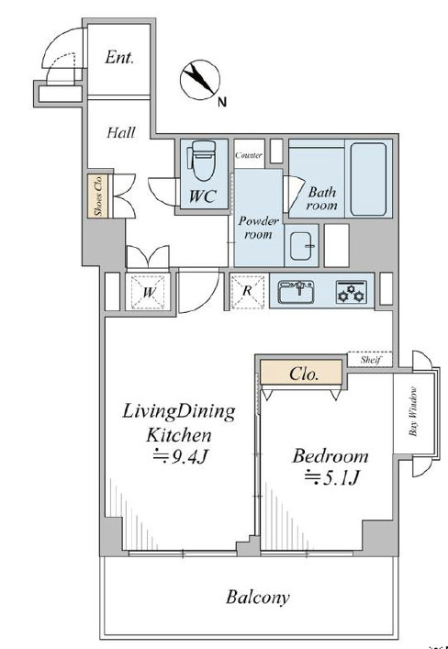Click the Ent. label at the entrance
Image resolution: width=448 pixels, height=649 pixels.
pyautogui.click(x=119, y=57)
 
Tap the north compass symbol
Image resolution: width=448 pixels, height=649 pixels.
pyautogui.click(x=200, y=80)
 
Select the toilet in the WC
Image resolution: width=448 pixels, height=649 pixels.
pyautogui.click(x=203, y=161)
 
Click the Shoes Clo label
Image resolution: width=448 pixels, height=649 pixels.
pyautogui.click(x=98, y=196)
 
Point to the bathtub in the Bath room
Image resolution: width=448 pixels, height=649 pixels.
pyautogui.click(x=368, y=179)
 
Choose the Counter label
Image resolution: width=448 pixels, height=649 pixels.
pyautogui.click(x=249, y=156)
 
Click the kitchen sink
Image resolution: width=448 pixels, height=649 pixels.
pyautogui.click(x=296, y=292)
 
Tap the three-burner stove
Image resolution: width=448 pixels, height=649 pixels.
pyautogui.click(x=351, y=291)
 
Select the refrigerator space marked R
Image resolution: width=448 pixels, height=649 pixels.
pyautogui.click(x=247, y=291)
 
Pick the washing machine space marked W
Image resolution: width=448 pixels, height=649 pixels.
pyautogui.click(x=148, y=292)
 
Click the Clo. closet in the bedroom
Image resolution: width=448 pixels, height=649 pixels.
pyautogui.click(x=301, y=372)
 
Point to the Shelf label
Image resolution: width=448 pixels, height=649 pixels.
pyautogui.click(x=370, y=359)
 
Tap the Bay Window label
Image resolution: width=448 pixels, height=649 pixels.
pyautogui.click(x=413, y=411)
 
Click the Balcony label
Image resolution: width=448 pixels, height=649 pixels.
pyautogui.click(x=258, y=598)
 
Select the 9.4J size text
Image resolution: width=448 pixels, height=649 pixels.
pyautogui.click(x=180, y=457)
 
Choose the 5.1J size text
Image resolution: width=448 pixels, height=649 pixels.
pyautogui.click(x=331, y=477)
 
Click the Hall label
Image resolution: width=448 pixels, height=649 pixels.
pyautogui.click(x=121, y=132)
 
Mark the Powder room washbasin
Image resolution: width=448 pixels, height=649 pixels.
pyautogui.click(x=301, y=246)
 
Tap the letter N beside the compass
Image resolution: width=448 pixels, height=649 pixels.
pyautogui.click(x=222, y=102)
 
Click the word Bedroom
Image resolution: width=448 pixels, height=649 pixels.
pyautogui.click(x=330, y=455)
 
